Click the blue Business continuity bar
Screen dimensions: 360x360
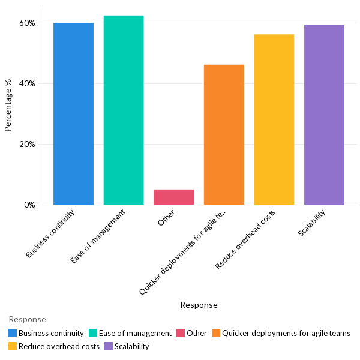[73, 114]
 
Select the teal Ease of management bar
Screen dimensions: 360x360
[124, 110]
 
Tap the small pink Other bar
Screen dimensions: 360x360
[173, 197]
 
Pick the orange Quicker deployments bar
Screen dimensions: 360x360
[224, 134]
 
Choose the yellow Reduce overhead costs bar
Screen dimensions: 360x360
[274, 119]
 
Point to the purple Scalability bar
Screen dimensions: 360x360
[324, 115]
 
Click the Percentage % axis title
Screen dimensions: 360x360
[8, 105]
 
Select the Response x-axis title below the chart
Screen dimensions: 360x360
[199, 305]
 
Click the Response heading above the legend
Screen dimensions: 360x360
[27, 320]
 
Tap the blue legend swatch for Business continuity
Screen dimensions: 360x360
[13, 333]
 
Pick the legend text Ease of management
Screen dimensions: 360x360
[135, 333]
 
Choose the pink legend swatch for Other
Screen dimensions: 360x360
[181, 333]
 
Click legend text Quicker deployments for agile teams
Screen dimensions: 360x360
[286, 333]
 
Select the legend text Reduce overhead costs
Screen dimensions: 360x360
[59, 346]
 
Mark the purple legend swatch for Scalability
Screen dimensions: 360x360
[109, 346]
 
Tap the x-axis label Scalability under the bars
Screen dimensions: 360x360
[312, 223]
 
